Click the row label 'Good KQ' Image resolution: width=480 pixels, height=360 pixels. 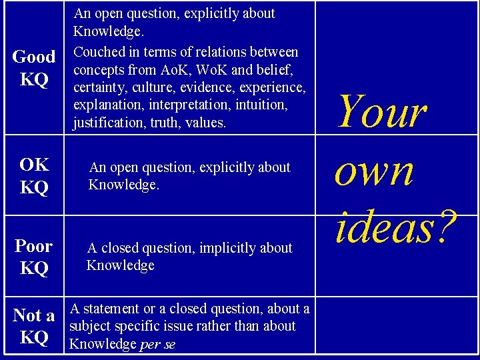click(x=34, y=68)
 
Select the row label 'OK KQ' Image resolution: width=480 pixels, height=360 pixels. click(x=34, y=176)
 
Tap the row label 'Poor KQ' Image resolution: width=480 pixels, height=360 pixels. click(x=34, y=257)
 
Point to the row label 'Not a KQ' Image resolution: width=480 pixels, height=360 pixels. click(x=34, y=326)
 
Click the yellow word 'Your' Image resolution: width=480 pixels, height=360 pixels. click(x=383, y=111)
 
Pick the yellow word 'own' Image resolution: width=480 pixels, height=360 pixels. click(x=374, y=173)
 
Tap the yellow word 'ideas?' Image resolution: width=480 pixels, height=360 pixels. click(x=397, y=227)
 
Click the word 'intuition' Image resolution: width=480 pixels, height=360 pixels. click(x=261, y=105)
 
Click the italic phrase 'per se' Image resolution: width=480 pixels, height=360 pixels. click(x=157, y=345)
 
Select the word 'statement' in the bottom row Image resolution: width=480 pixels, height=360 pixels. click(x=111, y=309)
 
